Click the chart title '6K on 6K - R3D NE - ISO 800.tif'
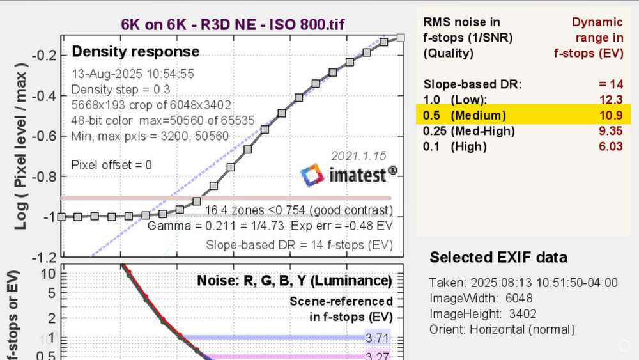[x=234, y=25]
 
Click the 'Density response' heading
[x=135, y=52]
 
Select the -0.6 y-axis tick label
[x=42, y=136]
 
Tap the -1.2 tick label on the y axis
[x=42, y=257]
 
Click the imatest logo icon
[x=312, y=175]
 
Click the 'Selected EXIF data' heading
[x=498, y=258]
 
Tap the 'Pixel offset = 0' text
[x=112, y=164]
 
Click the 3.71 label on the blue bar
[x=377, y=337]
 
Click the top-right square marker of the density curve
[x=401, y=38]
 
